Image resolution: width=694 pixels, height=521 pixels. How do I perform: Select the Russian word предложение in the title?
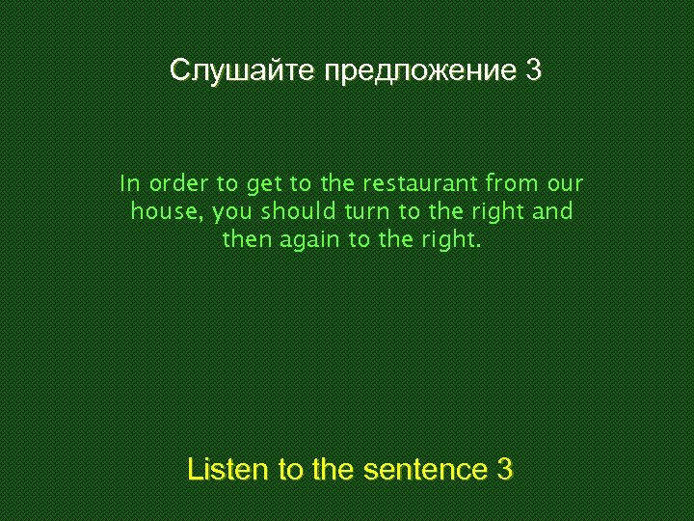pyautogui.click(x=421, y=70)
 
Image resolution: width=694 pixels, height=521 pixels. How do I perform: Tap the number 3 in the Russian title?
pyautogui.click(x=534, y=70)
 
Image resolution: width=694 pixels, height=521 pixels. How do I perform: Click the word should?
pyautogui.click(x=297, y=211)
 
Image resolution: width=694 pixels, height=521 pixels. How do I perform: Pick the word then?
pyautogui.click(x=247, y=239)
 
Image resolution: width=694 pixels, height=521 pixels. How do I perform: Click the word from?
pyautogui.click(x=511, y=183)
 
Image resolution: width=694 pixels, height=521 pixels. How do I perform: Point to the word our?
pyautogui.click(x=565, y=183)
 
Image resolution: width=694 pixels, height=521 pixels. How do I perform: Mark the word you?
pyautogui.click(x=231, y=212)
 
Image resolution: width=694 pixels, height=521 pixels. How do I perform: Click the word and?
pyautogui.click(x=552, y=211)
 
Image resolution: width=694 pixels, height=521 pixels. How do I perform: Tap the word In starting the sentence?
pyautogui.click(x=130, y=183)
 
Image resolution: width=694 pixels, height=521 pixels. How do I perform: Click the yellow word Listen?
pyautogui.click(x=229, y=470)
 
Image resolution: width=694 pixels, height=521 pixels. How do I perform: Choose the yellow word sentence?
pyautogui.click(x=425, y=470)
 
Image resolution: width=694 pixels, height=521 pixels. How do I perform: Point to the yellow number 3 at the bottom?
pyautogui.click(x=504, y=470)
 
